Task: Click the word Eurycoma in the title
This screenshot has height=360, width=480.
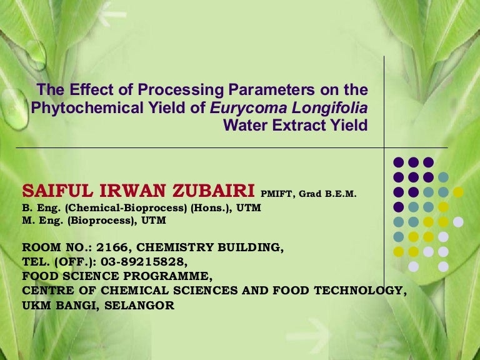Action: (x=248, y=109)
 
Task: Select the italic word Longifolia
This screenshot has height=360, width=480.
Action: (x=330, y=109)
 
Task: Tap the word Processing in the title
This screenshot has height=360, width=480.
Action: (x=181, y=91)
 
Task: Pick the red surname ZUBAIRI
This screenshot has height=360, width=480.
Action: (x=213, y=191)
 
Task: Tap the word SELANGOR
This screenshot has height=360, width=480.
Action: (x=139, y=306)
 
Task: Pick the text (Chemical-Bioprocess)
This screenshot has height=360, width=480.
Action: (x=126, y=208)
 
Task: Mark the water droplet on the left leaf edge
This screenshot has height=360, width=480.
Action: (x=14, y=109)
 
